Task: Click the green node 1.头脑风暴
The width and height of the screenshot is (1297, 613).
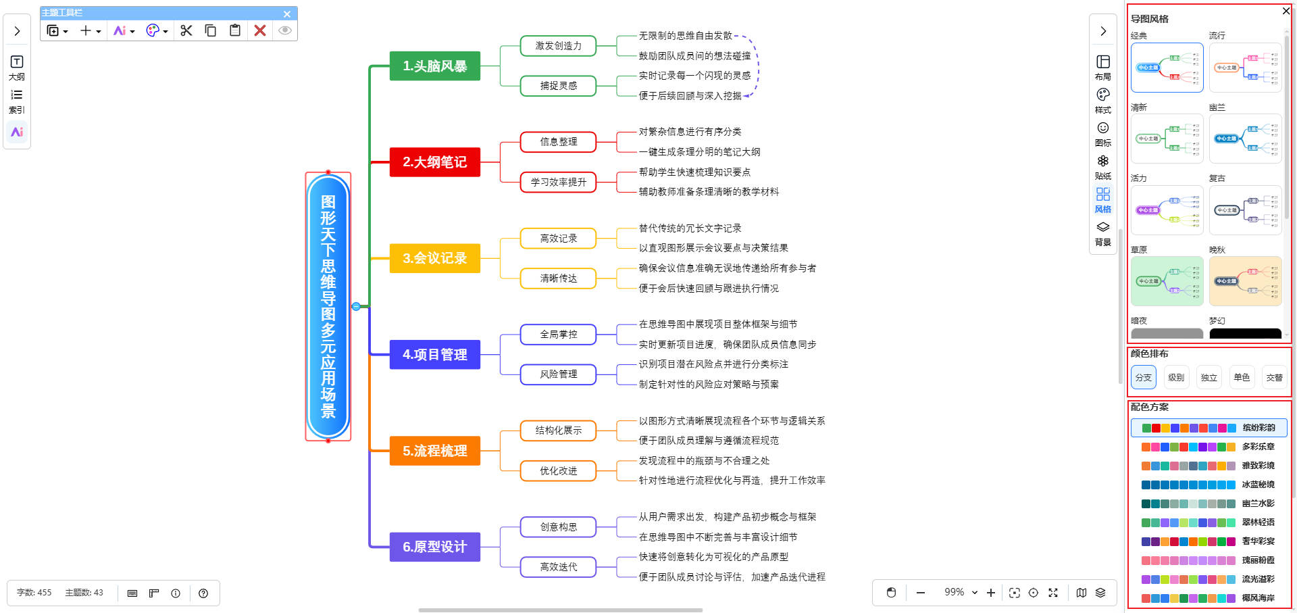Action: tap(434, 66)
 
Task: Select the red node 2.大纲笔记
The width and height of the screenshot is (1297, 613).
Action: tap(434, 162)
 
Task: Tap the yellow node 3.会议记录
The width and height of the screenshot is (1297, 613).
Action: tap(434, 258)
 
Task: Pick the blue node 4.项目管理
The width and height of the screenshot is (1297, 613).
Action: tap(434, 355)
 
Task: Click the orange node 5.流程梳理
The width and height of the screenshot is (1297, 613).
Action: tap(434, 451)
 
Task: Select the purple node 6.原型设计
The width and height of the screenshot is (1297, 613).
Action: tap(434, 547)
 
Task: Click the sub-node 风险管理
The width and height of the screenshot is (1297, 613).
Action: tap(558, 374)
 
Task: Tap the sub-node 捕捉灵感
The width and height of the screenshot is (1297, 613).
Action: tap(558, 86)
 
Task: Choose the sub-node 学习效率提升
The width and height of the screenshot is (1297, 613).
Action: tap(558, 182)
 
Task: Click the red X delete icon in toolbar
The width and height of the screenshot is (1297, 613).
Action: tap(260, 30)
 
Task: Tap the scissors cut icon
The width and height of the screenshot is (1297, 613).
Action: tap(186, 30)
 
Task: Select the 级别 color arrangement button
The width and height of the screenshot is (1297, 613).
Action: tap(1176, 377)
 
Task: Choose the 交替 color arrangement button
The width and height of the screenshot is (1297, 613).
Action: tap(1274, 377)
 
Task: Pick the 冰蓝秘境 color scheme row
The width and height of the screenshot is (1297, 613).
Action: tap(1209, 485)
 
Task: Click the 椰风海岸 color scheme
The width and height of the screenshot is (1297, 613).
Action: tap(1209, 598)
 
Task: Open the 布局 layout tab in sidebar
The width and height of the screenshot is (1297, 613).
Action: tap(1103, 67)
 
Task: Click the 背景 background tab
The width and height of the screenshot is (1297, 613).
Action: tap(1103, 233)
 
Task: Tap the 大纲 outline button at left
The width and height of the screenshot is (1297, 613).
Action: tap(17, 67)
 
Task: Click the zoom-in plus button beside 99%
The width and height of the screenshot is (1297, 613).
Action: tap(991, 593)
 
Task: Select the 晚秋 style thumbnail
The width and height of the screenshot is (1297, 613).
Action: tap(1245, 280)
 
